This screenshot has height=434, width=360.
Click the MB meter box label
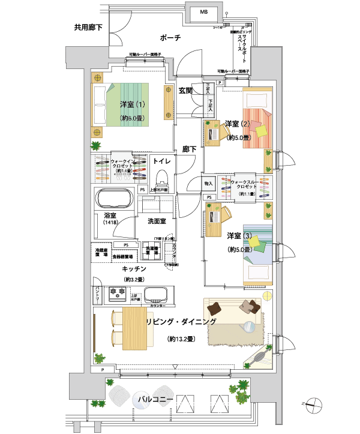coord(204,12)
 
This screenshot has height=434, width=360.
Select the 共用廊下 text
coord(89,27)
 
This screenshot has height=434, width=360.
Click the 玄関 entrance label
coord(186,91)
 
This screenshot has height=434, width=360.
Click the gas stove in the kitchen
coord(116,294)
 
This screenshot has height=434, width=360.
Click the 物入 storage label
coord(209,183)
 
